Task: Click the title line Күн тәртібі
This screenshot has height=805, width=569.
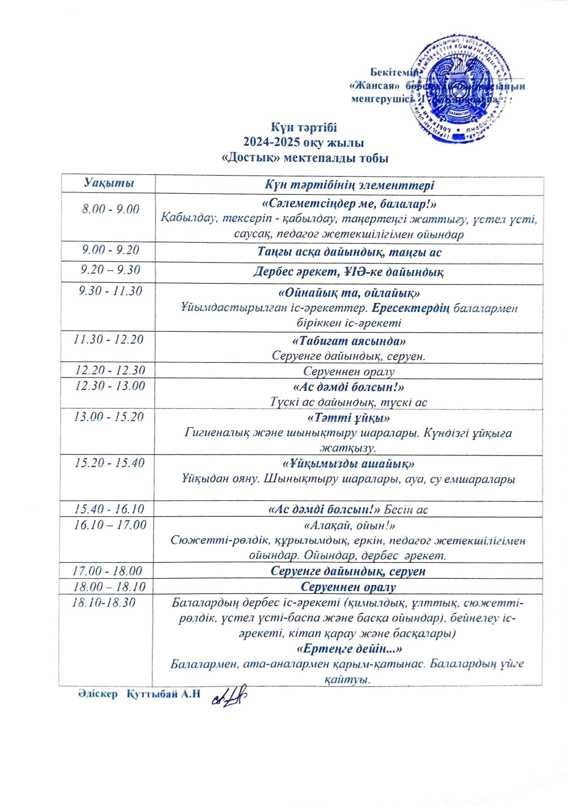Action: point(304,128)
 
